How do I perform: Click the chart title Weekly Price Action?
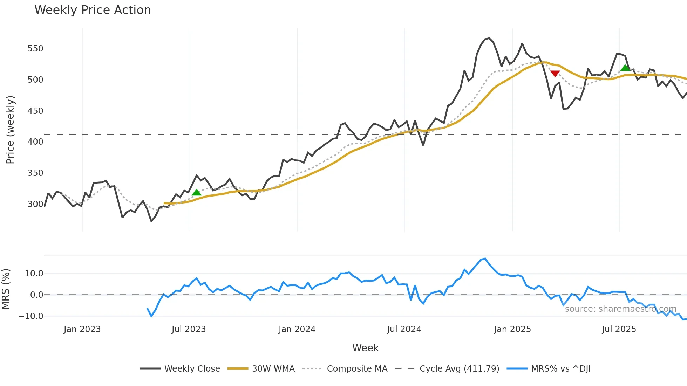point(93,10)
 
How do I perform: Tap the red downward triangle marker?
point(555,74)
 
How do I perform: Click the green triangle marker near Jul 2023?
point(197,192)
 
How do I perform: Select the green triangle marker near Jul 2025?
point(625,68)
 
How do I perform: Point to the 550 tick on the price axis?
point(35,48)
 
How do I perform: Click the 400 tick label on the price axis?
point(35,142)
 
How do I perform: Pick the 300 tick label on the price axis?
point(35,204)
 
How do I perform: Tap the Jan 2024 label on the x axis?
point(297,329)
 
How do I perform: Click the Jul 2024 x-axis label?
point(404,329)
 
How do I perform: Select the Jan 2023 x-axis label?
point(82,329)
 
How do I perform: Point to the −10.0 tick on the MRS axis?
point(31,316)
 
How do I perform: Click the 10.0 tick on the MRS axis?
point(34,273)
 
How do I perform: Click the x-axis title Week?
point(365,348)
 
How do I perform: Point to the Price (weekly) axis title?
point(10,130)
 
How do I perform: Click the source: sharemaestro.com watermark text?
point(620,309)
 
